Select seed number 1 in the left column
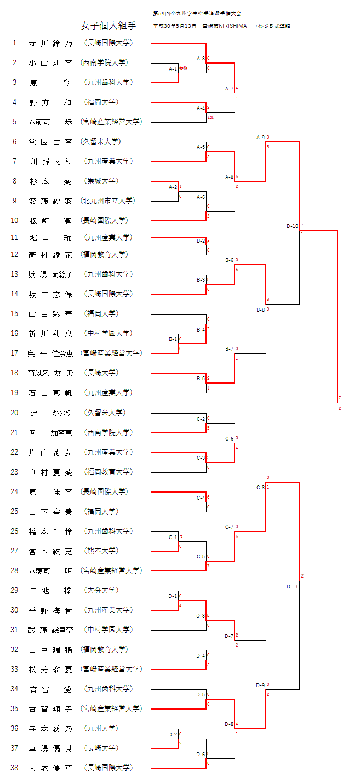click(x=15, y=43)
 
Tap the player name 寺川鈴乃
click(x=50, y=43)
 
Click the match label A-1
click(x=173, y=68)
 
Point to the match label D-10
click(x=293, y=226)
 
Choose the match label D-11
click(x=293, y=586)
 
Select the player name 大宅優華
click(x=50, y=768)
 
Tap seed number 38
click(x=15, y=768)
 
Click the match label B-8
click(x=261, y=310)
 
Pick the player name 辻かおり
click(x=50, y=413)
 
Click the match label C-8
click(x=261, y=487)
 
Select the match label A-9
click(x=261, y=137)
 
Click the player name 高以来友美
click(x=50, y=373)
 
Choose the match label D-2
click(x=173, y=734)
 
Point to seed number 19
click(x=15, y=392)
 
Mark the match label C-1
click(x=173, y=537)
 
